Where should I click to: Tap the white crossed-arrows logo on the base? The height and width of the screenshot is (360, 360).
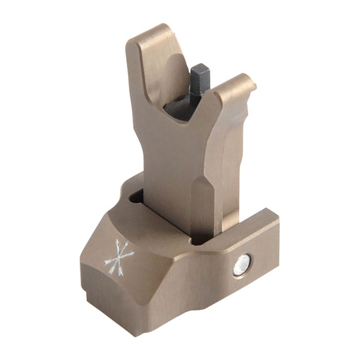click(119, 257)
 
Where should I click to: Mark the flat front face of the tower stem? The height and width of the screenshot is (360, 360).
click(173, 173)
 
